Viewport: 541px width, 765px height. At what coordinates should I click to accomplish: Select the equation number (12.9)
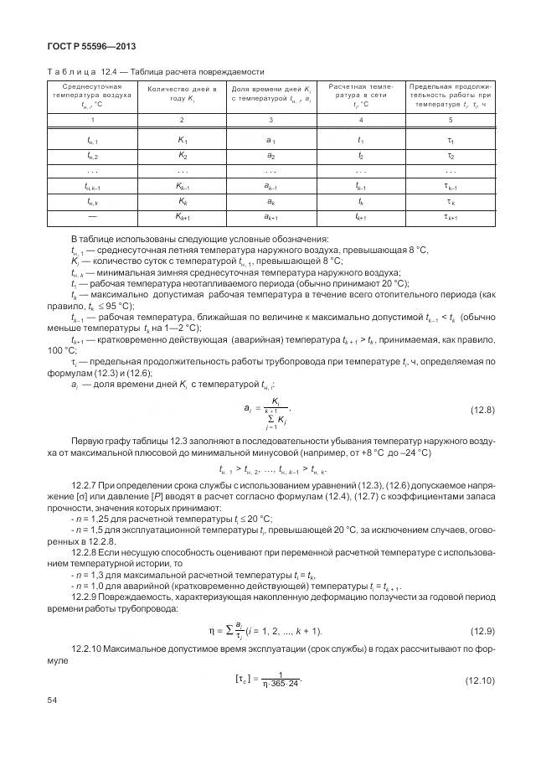[480, 631]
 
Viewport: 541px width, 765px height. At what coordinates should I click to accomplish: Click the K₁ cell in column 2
[182, 142]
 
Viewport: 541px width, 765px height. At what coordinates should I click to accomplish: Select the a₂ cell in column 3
[270, 156]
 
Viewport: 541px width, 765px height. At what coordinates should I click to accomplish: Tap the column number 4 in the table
[360, 120]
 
